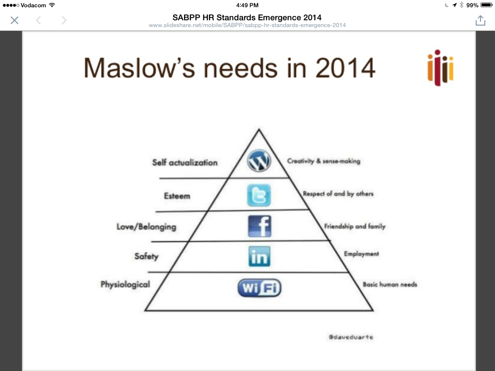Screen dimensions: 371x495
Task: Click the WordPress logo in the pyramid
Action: (259, 161)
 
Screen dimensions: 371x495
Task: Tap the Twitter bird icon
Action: (259, 196)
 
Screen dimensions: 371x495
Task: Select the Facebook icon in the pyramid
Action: (260, 226)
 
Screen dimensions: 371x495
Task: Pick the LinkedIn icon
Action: (260, 257)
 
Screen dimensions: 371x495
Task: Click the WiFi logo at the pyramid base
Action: (260, 288)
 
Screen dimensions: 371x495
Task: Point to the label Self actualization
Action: (185, 162)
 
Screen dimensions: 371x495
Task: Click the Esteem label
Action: (177, 196)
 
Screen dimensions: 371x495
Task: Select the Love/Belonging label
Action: (146, 227)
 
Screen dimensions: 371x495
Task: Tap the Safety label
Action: (146, 256)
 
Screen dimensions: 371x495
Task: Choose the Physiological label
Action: (125, 284)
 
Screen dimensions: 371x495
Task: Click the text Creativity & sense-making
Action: (324, 161)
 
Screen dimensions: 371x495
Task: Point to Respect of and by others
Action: (338, 194)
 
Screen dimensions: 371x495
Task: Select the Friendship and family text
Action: (355, 226)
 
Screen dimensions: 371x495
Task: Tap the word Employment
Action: (361, 254)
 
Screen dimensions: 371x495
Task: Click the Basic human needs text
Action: (390, 285)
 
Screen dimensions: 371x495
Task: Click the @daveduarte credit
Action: (350, 337)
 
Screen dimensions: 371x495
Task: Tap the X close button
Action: (15, 20)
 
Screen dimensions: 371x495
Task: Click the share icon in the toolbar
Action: (480, 20)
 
